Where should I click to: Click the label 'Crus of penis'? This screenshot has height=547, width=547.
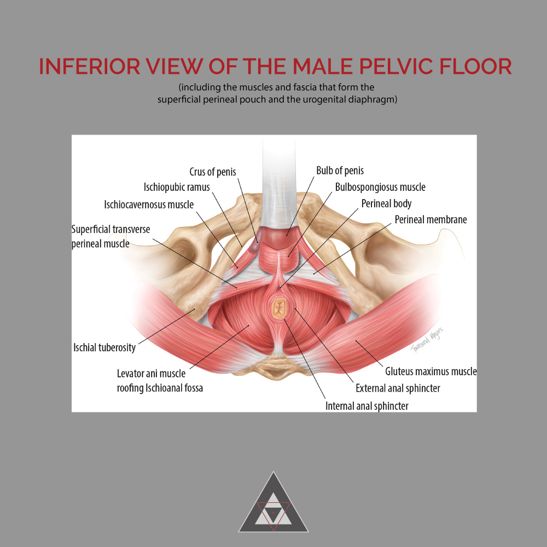point(213,172)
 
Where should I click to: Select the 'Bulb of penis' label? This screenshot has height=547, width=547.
point(340,171)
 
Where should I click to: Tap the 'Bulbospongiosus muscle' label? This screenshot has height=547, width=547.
point(380,187)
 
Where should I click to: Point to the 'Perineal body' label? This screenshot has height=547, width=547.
point(386,203)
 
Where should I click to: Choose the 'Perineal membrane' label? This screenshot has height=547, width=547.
point(431,220)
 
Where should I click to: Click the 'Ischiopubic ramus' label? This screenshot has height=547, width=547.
point(177,187)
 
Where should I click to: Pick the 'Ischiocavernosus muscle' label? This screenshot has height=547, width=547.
point(149,205)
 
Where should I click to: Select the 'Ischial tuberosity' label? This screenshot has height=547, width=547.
point(104,347)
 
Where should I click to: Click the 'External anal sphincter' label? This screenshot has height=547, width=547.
point(398,388)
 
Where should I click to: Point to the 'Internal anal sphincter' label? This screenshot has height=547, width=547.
point(367,406)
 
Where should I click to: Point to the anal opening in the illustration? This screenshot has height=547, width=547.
point(280,309)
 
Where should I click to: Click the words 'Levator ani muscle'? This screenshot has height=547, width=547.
point(151,374)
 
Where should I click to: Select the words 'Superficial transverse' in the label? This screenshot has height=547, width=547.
point(110,229)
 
